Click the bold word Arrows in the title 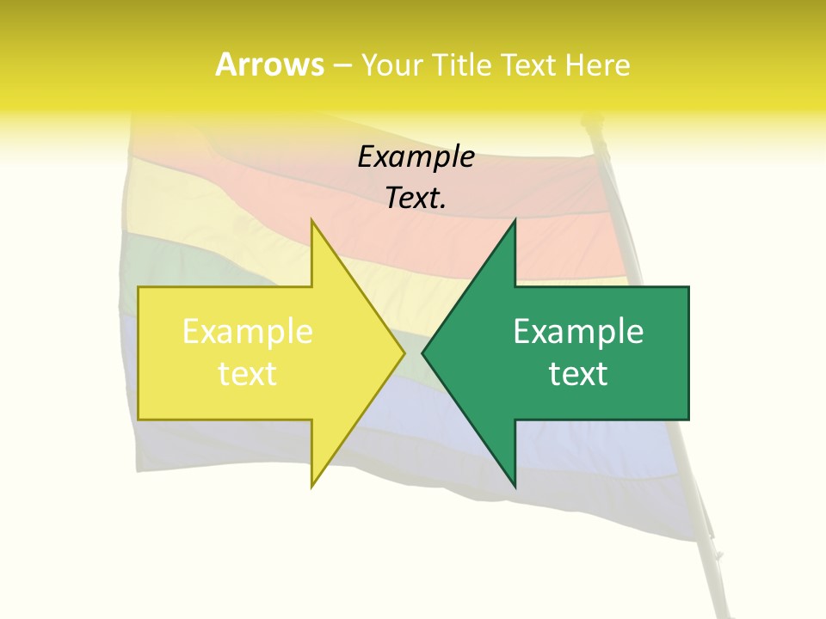tap(269, 64)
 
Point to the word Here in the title tap(599, 64)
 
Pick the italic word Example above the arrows tap(416, 157)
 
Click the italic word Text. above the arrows tap(416, 199)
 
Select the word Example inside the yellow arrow tap(248, 332)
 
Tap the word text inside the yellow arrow tap(248, 373)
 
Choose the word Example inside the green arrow tap(578, 332)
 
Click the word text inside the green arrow tap(578, 373)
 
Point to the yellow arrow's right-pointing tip tap(404, 352)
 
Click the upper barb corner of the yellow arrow tap(312, 221)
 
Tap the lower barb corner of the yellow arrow tap(312, 486)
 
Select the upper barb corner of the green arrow tap(515, 221)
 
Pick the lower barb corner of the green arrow tap(515, 486)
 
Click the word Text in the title tap(530, 64)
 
